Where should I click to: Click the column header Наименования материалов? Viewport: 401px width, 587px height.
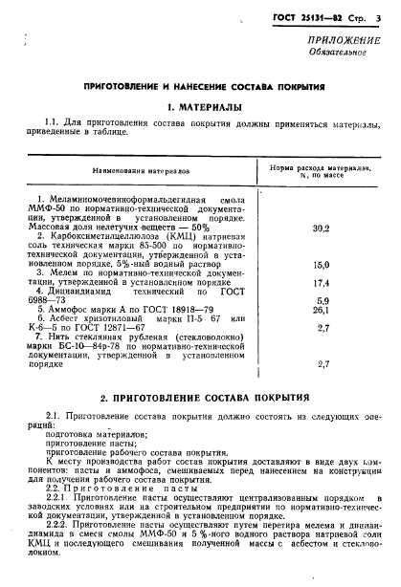point(141,167)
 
